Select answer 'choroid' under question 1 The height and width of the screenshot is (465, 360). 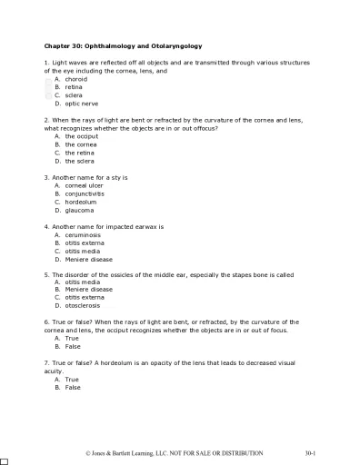[x=75, y=79]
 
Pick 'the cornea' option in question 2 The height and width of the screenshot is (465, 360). [x=81, y=144]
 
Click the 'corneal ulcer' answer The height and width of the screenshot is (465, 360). [x=84, y=185]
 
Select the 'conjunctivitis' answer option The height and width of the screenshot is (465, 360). [x=85, y=193]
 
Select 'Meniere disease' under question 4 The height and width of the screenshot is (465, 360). [x=88, y=260]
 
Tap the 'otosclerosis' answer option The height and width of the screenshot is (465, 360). [x=83, y=306]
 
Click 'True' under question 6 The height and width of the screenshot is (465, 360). [x=72, y=339]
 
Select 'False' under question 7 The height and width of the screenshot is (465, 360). [x=73, y=387]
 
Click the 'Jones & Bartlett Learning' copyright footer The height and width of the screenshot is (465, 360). [x=173, y=452]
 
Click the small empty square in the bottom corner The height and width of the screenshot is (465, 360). [x=5, y=460]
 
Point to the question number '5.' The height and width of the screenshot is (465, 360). [x=46, y=273]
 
